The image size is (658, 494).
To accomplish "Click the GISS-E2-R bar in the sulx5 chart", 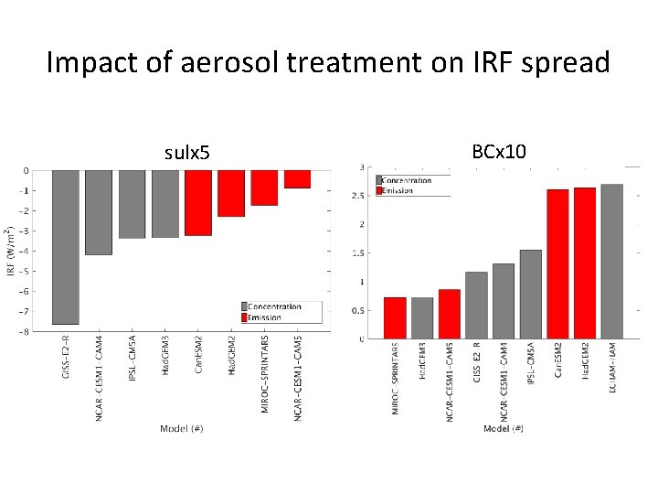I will pyautogui.click(x=66, y=247).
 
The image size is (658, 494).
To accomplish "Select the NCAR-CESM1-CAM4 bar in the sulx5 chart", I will pyautogui.click(x=99, y=212).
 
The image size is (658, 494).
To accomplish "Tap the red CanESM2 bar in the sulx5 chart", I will pyautogui.click(x=198, y=202).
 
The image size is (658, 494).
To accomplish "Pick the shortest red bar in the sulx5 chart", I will pyautogui.click(x=297, y=179).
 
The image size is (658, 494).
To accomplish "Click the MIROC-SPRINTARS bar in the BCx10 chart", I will pyautogui.click(x=395, y=317).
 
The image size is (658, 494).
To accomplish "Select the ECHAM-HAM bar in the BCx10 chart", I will pyautogui.click(x=611, y=262).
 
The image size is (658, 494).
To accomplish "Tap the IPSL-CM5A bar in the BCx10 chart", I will pyautogui.click(x=530, y=294).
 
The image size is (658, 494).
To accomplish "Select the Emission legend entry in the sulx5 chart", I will pyautogui.click(x=265, y=317).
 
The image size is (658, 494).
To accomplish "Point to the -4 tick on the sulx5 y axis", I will pyautogui.click(x=27, y=251).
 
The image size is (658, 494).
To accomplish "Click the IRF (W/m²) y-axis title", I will pyautogui.click(x=10, y=251).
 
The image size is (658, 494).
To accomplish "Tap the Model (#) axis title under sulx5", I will pyautogui.click(x=181, y=429).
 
